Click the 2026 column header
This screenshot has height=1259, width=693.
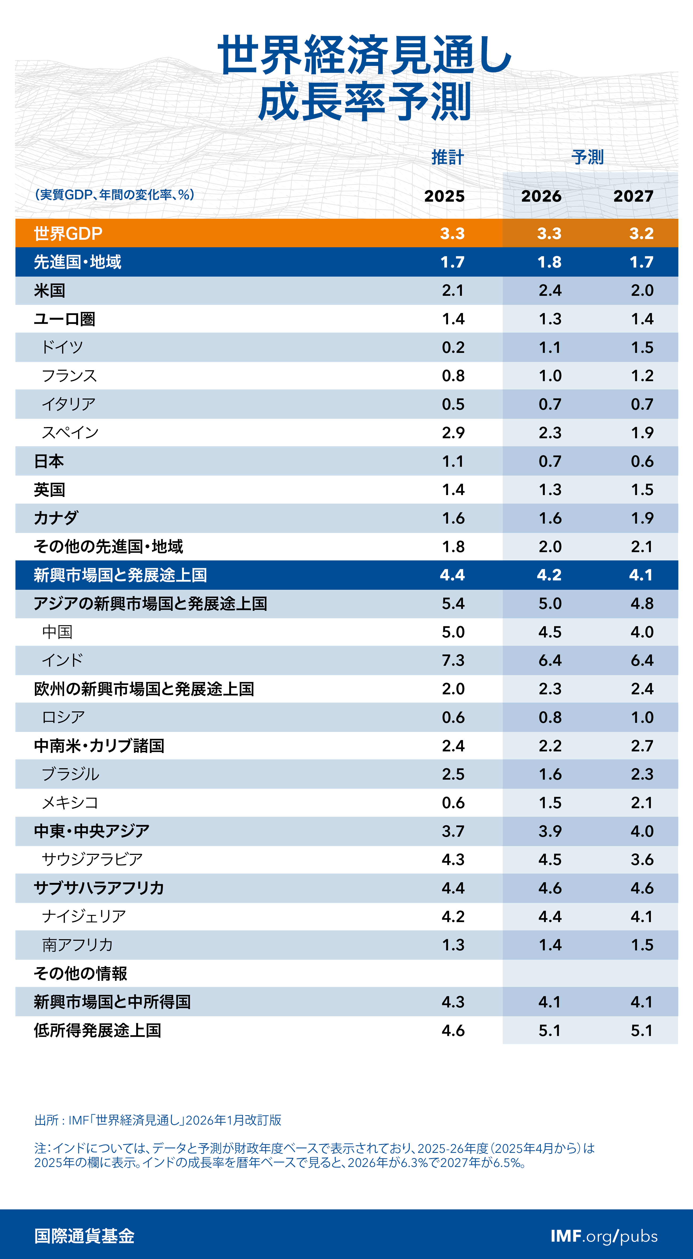click(x=541, y=196)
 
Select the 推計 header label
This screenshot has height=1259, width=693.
click(x=447, y=157)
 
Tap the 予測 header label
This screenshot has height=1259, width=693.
click(x=587, y=157)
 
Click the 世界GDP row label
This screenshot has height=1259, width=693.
click(x=68, y=234)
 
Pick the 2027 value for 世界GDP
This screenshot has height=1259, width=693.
click(x=641, y=234)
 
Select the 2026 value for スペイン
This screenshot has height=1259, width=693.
click(x=550, y=433)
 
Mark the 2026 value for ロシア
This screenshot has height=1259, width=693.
click(x=550, y=718)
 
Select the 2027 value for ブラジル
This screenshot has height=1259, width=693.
click(x=642, y=774)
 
